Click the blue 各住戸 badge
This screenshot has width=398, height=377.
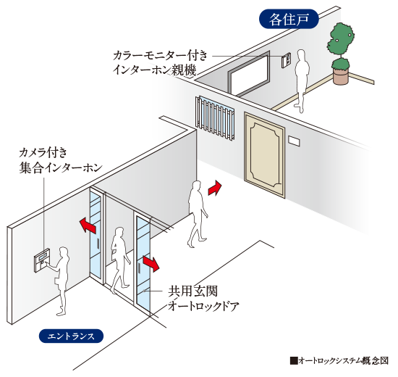289,19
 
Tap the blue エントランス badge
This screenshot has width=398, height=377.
71,336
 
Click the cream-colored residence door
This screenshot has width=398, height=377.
265,155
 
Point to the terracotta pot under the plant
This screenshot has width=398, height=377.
341,76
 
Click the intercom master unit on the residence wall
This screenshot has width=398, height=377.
286,60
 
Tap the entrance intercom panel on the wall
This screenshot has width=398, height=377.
43,260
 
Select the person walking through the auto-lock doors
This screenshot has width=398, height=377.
119,260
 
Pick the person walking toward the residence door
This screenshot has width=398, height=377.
198,214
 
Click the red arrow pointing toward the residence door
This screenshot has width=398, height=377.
214,188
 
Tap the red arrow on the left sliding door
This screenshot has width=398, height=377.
88,225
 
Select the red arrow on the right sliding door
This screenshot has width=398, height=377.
151,263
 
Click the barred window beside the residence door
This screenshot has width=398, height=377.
215,118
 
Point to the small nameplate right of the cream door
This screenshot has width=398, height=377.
294,141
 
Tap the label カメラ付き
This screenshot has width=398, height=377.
43,153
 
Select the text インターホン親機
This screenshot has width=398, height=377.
155,70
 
